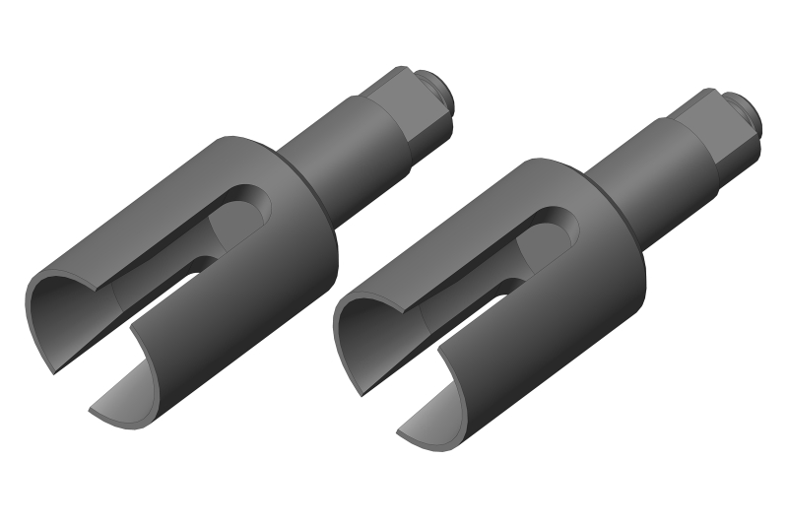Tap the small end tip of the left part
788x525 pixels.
pos(441,91)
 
